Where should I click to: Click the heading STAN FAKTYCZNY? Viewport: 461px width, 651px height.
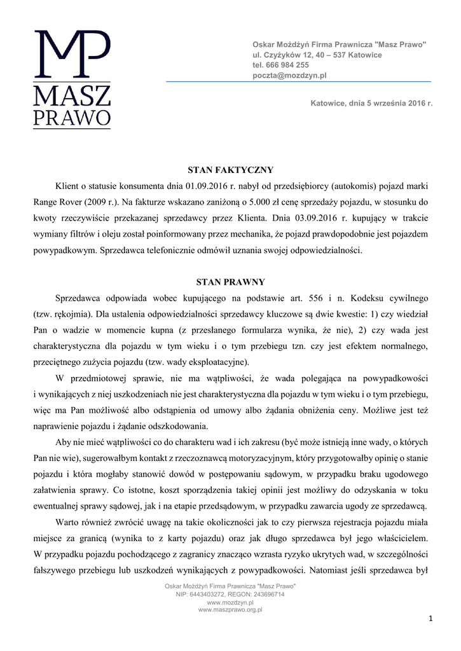coord(230,170)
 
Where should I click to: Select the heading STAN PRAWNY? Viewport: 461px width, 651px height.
coord(230,282)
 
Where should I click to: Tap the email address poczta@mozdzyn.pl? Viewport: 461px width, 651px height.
coord(289,75)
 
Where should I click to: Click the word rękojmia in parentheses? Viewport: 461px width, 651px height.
coord(69,314)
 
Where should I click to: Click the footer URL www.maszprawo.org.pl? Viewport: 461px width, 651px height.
coord(230,610)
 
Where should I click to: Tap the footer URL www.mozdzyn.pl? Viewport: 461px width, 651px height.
coord(230,602)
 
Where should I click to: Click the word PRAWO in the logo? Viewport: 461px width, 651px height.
coord(71,118)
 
